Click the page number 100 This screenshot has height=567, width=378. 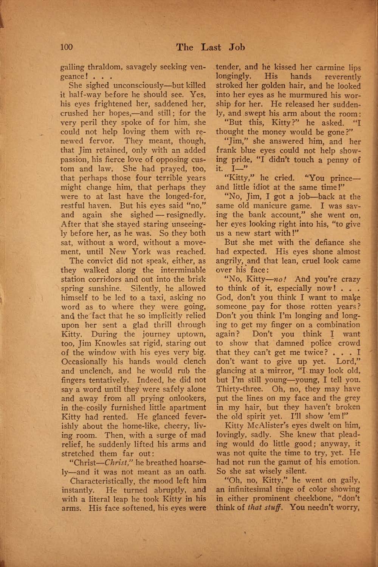pyautogui.click(x=66, y=47)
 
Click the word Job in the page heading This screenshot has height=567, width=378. pyautogui.click(x=237, y=47)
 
